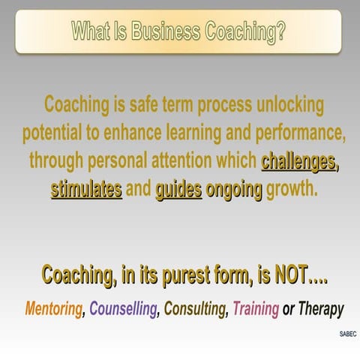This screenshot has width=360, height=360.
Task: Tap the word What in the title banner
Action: coord(94,31)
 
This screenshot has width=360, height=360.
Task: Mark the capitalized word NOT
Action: coord(286,274)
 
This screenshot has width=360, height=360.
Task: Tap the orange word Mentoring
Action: coord(52,308)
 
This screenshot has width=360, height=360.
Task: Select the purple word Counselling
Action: coord(123,308)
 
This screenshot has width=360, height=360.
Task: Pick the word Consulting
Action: coord(194,308)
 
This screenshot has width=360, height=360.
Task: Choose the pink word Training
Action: coord(256,308)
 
